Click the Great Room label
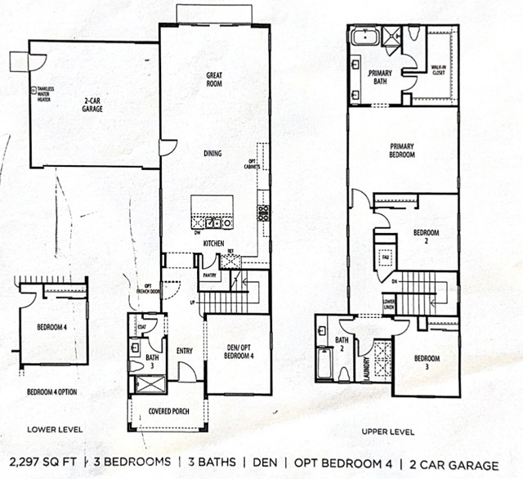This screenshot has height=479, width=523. click(215, 78)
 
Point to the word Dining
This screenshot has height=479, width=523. click(213, 153)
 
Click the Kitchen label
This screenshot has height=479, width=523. click(214, 243)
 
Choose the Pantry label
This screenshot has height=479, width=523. click(208, 276)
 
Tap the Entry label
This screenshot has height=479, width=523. click(184, 351)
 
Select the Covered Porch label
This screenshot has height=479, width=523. click(169, 410)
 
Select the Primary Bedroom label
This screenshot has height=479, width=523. click(403, 151)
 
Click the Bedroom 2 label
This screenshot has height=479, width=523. click(426, 237)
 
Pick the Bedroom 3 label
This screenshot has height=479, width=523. click(425, 362)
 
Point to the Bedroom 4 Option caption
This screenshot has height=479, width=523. click(51, 392)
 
